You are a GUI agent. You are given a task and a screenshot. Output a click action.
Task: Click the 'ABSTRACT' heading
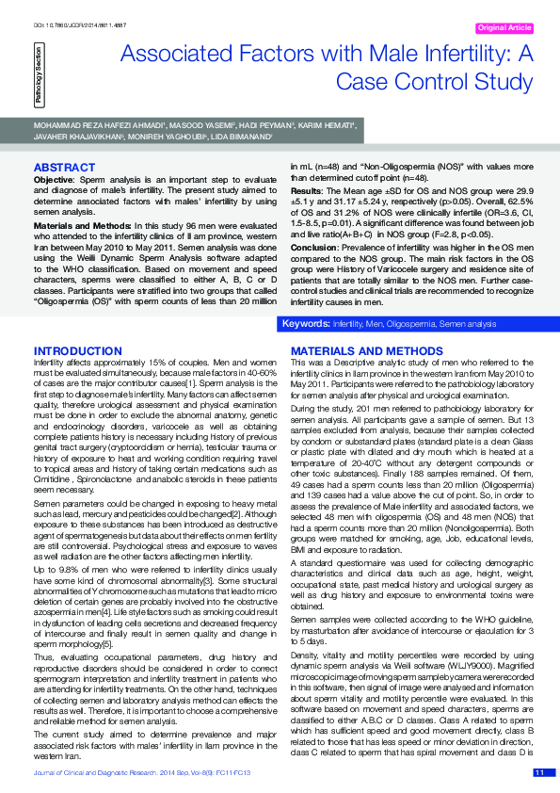coord(64,168)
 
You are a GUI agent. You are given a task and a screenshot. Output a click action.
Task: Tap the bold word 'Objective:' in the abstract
coord(54,178)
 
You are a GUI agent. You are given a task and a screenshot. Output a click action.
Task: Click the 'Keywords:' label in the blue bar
coord(307,323)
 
